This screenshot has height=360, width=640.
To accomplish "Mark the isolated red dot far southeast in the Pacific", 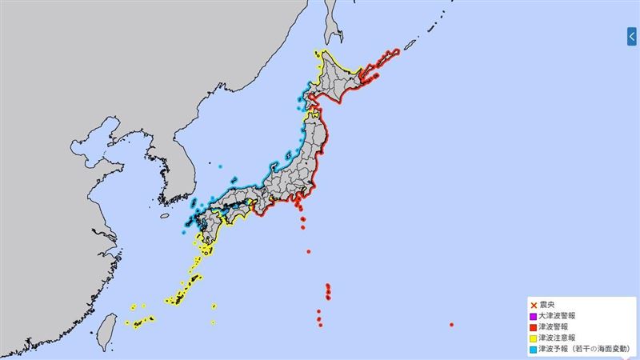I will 452,325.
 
